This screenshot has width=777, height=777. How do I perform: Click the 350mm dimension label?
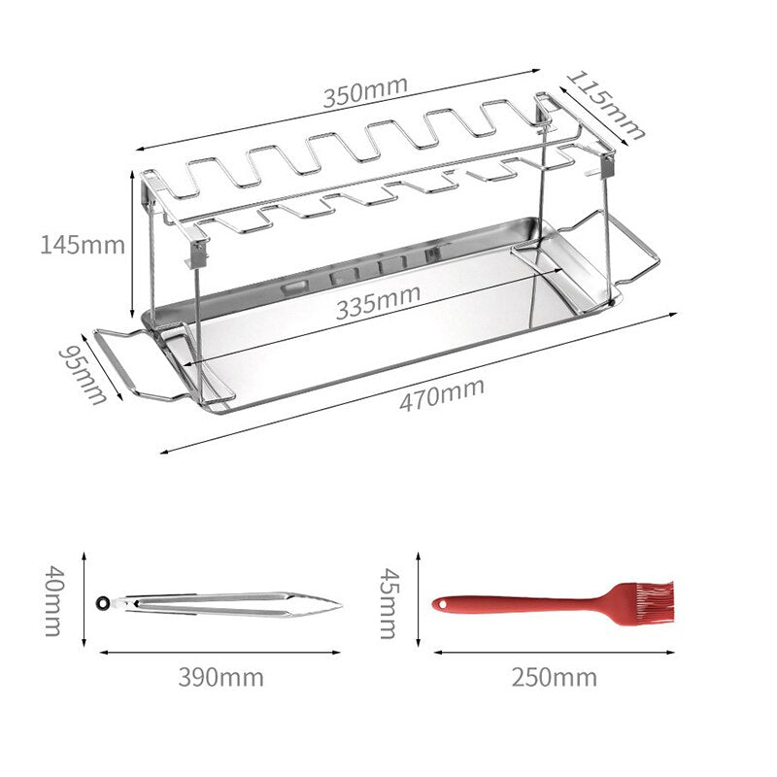click(x=365, y=91)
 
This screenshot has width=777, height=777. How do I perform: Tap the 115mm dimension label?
click(x=605, y=106)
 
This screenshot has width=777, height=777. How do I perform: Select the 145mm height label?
click(x=83, y=245)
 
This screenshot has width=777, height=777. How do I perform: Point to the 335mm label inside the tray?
click(x=379, y=302)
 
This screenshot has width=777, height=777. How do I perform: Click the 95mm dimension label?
click(x=83, y=375)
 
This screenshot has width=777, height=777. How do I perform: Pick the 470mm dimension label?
click(x=442, y=394)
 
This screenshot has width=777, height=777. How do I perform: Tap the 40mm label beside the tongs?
click(x=53, y=600)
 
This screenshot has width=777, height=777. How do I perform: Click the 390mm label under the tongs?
click(x=221, y=677)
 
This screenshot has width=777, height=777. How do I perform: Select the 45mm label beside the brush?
click(x=389, y=603)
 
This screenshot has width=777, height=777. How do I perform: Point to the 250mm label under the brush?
click(x=555, y=677)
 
